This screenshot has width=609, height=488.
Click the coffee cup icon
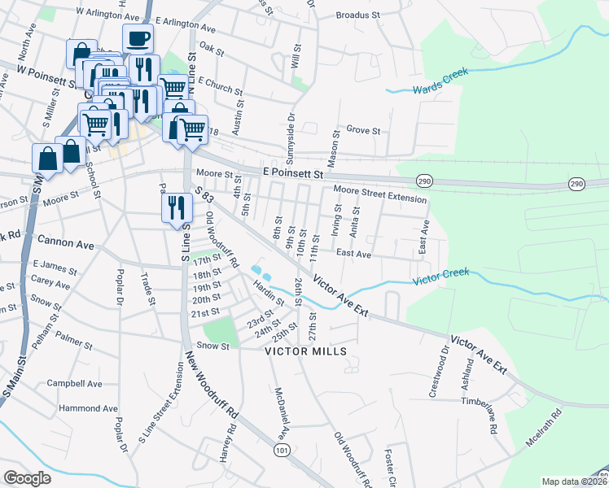tap(138, 37)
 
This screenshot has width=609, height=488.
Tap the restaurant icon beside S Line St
tap(177, 208)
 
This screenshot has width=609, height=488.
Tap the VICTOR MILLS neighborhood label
tap(306, 351)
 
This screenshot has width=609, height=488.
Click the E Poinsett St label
tap(293, 173)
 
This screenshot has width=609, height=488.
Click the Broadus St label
tap(358, 15)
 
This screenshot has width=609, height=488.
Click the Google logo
tap(27, 477)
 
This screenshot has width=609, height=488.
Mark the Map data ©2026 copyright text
tap(574, 481)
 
